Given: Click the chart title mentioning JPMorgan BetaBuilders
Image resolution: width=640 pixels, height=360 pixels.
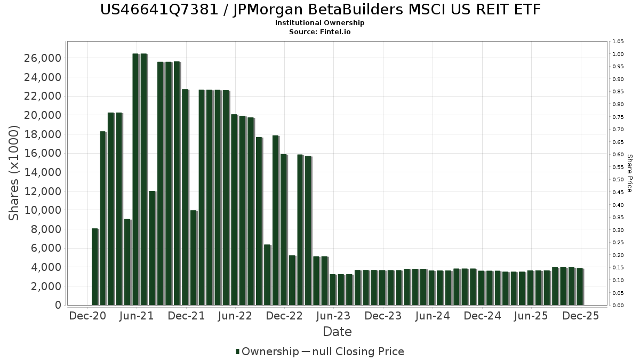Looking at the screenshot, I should (320, 10).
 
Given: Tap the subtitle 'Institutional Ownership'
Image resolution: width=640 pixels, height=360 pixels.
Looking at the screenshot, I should (320, 23).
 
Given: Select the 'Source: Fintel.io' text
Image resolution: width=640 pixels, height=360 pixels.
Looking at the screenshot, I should (320, 31).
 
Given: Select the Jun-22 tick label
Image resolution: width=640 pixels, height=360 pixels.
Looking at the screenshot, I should (235, 316).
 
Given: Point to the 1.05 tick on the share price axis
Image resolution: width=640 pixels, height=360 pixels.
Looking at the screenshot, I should (618, 42).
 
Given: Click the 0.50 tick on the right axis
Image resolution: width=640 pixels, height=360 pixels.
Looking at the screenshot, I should (618, 180).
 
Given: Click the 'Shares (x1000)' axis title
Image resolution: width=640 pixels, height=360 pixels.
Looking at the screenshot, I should (14, 173).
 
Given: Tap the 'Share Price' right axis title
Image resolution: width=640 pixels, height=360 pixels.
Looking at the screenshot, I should (629, 173).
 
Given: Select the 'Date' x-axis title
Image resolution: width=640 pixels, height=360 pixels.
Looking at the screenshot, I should (337, 332).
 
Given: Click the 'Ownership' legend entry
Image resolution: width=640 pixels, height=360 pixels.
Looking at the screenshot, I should (270, 351).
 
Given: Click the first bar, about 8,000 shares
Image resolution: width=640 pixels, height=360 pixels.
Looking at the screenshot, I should (95, 267).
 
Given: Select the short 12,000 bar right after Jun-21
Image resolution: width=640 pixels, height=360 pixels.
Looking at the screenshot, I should (152, 248).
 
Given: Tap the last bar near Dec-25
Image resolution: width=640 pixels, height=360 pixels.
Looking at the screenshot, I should (579, 286).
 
